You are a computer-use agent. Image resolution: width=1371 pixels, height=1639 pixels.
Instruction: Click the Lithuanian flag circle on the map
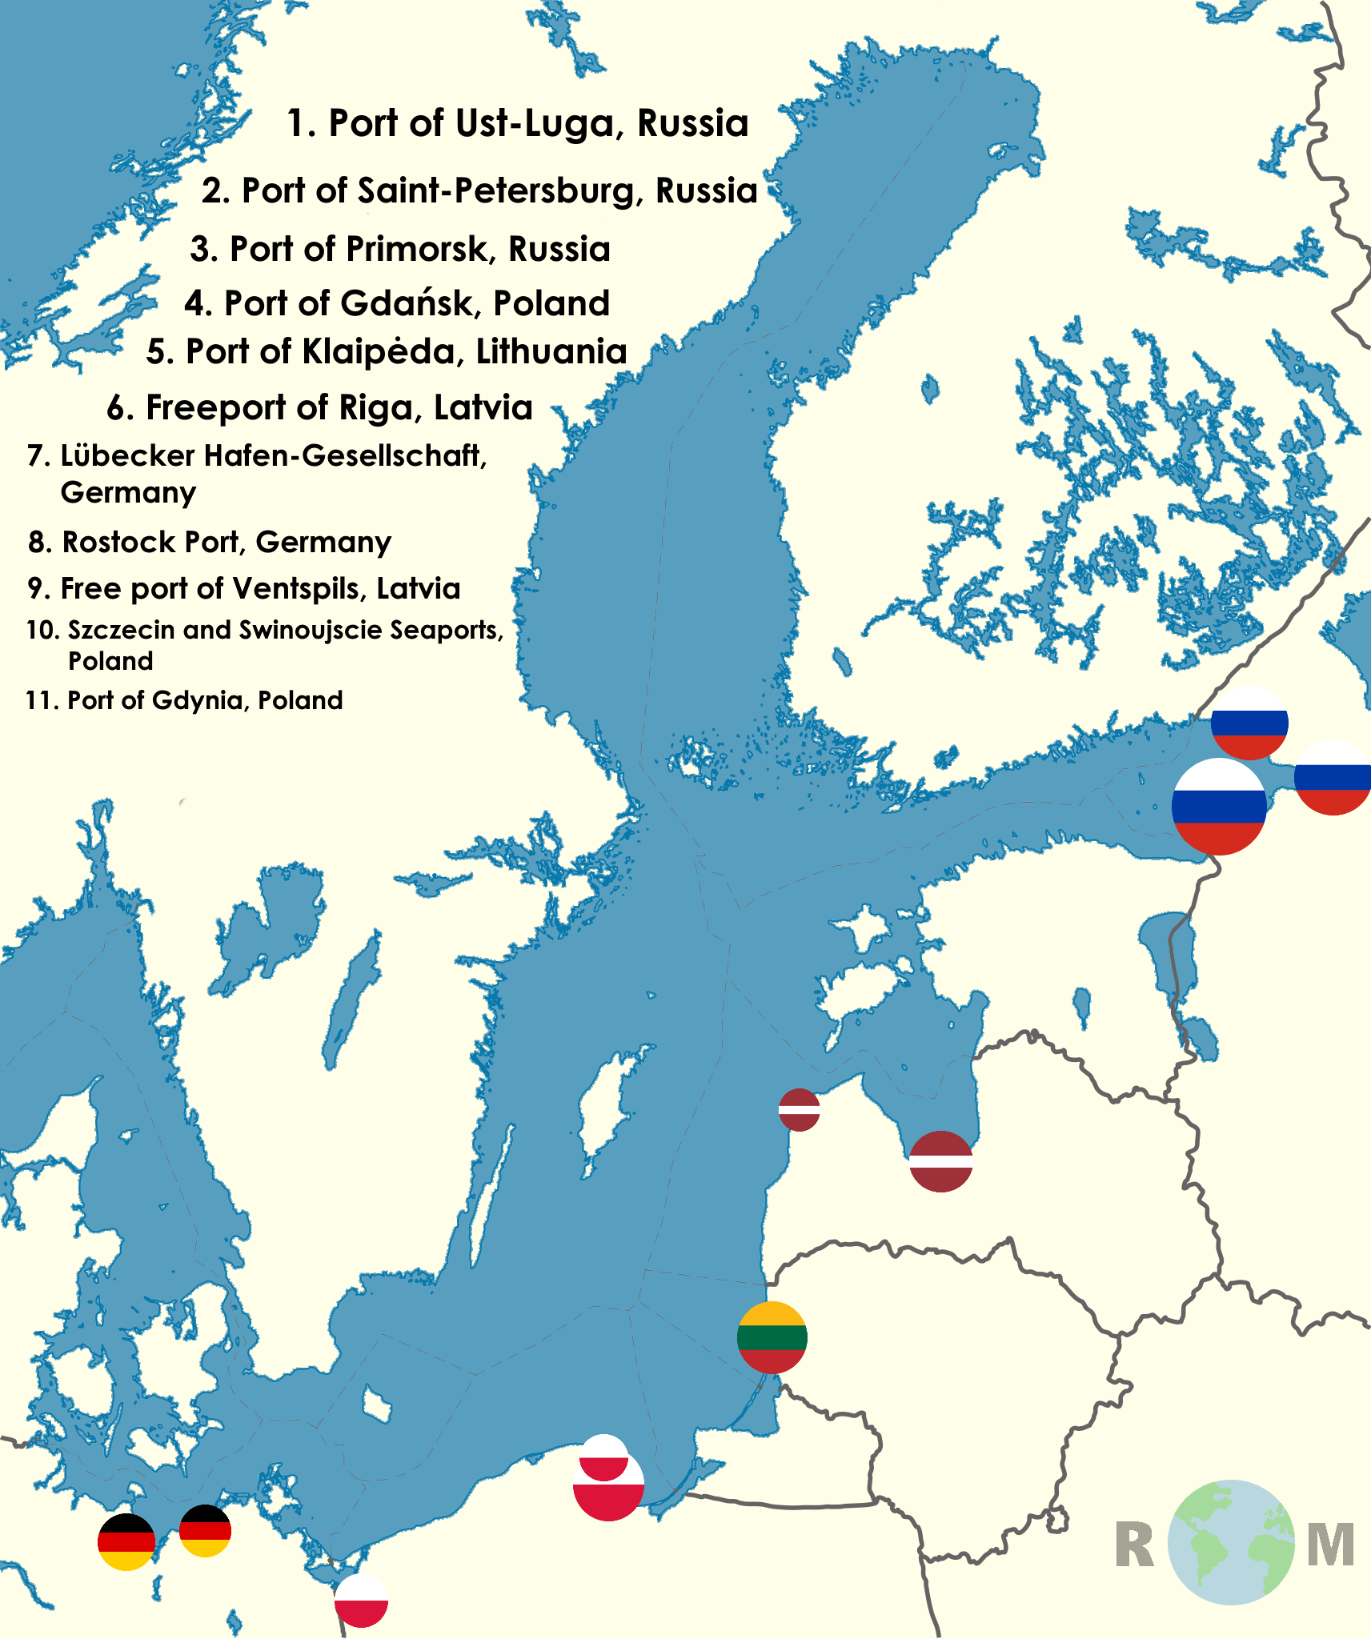[772, 1337]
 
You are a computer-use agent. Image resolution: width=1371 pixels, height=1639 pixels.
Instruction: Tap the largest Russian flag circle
[1219, 806]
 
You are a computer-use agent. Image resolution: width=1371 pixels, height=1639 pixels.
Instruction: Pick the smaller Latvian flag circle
[799, 1110]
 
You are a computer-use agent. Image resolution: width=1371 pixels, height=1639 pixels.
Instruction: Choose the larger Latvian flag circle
[941, 1161]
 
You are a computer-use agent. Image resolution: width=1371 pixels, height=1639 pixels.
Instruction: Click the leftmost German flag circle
[126, 1541]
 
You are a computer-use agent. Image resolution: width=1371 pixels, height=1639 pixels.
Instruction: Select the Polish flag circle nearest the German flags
[361, 1600]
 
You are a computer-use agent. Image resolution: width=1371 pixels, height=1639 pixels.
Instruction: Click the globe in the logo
[1230, 1542]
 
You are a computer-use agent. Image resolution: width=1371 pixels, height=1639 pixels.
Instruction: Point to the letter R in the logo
[1135, 1545]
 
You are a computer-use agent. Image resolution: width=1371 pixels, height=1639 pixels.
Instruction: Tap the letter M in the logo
[1330, 1545]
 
